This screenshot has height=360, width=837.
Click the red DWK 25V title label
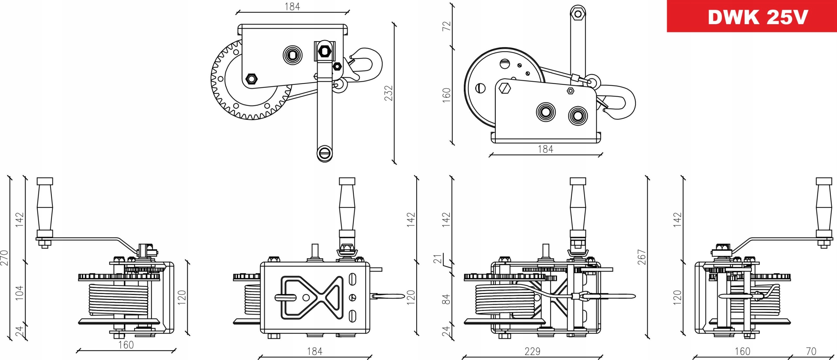pyautogui.click(x=752, y=16)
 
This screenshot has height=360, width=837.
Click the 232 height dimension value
pyautogui.click(x=388, y=93)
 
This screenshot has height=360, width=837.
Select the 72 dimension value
pyautogui.click(x=447, y=26)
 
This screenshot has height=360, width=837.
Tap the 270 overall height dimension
pyautogui.click(x=4, y=258)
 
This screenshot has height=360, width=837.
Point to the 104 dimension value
pyautogui.click(x=20, y=293)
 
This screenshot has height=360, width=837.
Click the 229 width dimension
pyautogui.click(x=532, y=351)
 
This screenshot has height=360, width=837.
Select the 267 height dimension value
pyautogui.click(x=642, y=257)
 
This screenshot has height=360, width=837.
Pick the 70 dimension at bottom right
pyautogui.click(x=811, y=351)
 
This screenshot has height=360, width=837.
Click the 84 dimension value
pyautogui.click(x=446, y=299)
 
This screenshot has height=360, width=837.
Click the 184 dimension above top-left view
pyautogui.click(x=292, y=7)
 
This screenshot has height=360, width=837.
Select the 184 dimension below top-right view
pyautogui.click(x=545, y=149)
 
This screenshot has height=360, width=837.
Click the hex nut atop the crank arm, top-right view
pyautogui.click(x=578, y=14)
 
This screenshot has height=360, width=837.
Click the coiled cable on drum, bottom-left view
pyautogui.click(x=118, y=299)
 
